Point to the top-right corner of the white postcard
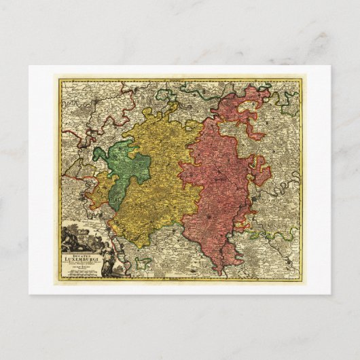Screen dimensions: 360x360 click(330, 66)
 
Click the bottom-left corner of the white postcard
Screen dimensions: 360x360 click(29, 293)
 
